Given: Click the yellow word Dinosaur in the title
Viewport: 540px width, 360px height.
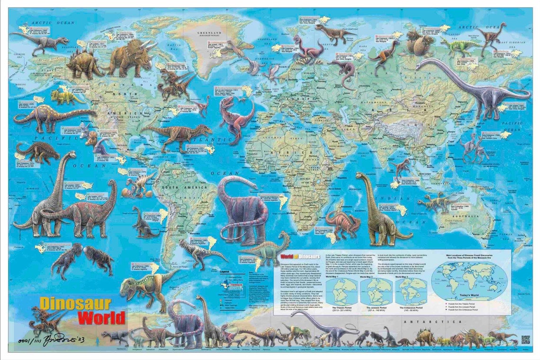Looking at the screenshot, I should [x=75, y=304].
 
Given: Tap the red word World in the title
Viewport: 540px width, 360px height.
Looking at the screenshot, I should [x=101, y=317].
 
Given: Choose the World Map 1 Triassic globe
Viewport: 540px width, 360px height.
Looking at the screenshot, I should [x=342, y=291].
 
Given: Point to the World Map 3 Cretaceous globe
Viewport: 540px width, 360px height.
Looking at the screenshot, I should [x=410, y=291].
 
